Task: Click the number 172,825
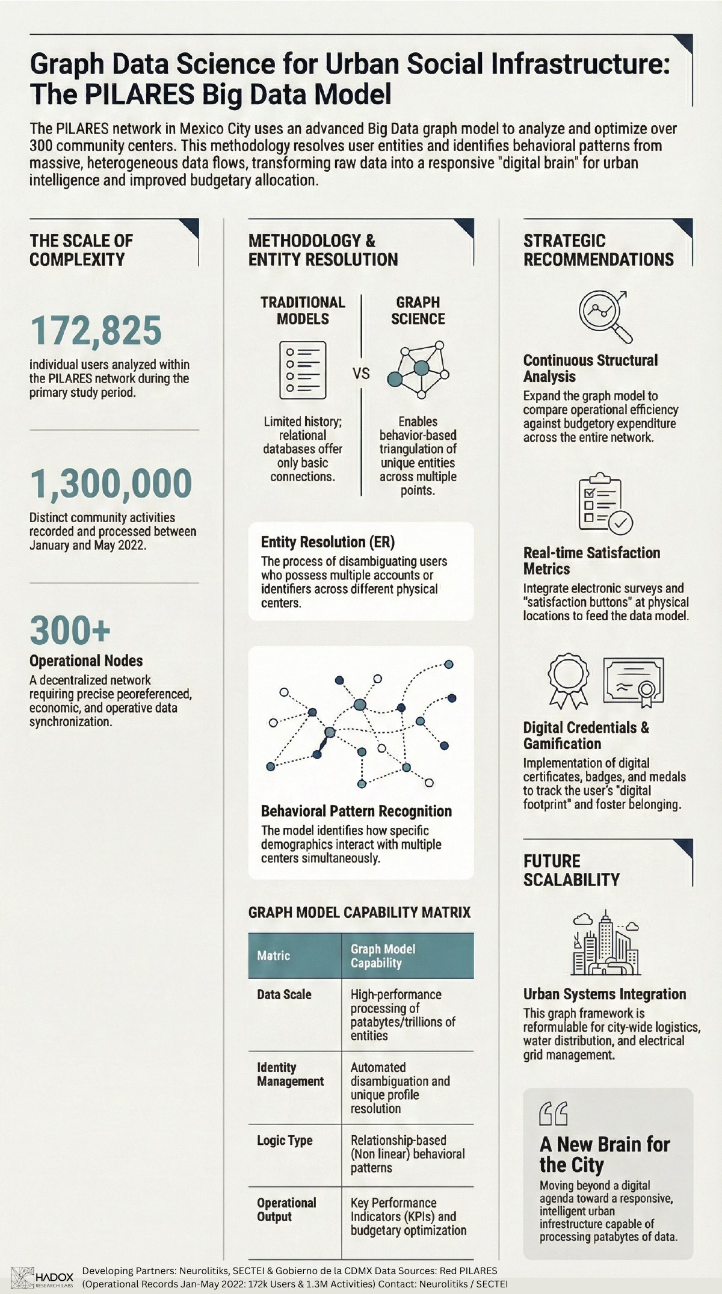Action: [x=96, y=331]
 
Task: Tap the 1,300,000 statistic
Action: [x=111, y=484]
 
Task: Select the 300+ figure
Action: [x=70, y=630]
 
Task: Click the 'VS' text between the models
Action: [x=361, y=374]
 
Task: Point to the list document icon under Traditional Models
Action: [x=303, y=370]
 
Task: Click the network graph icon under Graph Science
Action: [x=419, y=370]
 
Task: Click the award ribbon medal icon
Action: [x=568, y=681]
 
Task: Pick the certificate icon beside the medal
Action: [x=634, y=681]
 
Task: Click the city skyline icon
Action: [x=605, y=943]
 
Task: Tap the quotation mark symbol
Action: [x=553, y=1114]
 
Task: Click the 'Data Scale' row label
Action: [x=284, y=994]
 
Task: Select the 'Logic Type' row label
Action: [x=285, y=1140]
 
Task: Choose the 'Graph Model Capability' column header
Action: [x=383, y=955]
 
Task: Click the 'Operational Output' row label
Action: [x=286, y=1209]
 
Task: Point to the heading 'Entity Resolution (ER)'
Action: [x=328, y=542]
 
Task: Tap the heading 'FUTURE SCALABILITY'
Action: [x=571, y=870]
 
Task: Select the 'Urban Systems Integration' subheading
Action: [x=604, y=994]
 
